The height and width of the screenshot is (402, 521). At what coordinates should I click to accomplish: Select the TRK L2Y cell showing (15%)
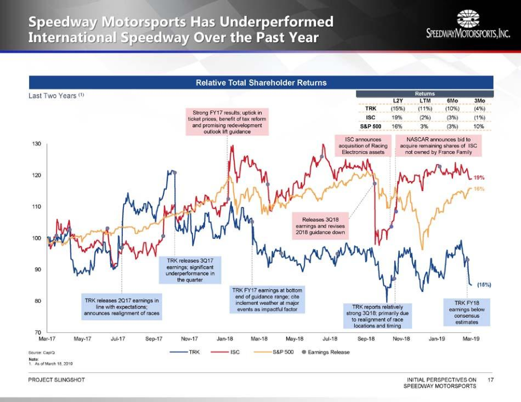[x=398, y=108]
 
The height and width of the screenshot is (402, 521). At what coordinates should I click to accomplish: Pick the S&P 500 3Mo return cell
[x=479, y=126]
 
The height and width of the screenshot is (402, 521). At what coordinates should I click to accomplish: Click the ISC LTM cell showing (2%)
[x=424, y=117]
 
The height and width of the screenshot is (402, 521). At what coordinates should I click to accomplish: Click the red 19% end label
[x=479, y=177]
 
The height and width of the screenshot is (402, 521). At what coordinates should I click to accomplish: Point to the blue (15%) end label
[x=483, y=284]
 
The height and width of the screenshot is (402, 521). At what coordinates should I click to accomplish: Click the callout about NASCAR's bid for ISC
[x=439, y=145]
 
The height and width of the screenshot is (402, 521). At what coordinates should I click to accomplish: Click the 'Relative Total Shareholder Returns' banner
[x=261, y=83]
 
